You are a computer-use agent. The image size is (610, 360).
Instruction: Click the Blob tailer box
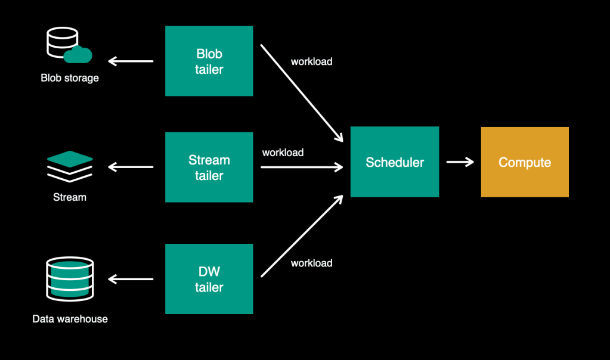click(209, 61)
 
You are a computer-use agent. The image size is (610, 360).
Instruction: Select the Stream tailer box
click(209, 167)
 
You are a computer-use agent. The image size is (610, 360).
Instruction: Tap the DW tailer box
click(209, 279)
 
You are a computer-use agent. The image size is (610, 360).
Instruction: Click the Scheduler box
click(394, 162)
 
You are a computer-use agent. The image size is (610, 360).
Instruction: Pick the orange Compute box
click(525, 162)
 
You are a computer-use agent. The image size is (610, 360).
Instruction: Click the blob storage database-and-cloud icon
click(68, 46)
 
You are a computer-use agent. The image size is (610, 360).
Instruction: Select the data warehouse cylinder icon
click(70, 278)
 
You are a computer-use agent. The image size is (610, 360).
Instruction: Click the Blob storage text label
click(70, 78)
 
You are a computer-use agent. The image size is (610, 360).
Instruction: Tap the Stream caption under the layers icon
click(70, 197)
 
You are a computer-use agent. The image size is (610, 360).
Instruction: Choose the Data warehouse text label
click(70, 319)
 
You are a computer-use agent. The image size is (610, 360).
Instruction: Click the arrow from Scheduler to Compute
click(460, 162)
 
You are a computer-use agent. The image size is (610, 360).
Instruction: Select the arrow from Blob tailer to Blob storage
click(131, 61)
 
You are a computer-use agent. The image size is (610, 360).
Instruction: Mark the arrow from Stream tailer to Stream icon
click(131, 167)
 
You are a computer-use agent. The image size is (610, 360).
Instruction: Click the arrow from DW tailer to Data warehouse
click(131, 279)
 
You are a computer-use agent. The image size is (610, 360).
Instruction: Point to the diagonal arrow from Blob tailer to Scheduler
click(302, 93)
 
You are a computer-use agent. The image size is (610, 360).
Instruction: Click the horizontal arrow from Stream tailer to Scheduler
click(302, 167)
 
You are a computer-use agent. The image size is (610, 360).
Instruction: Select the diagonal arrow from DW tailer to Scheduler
click(302, 235)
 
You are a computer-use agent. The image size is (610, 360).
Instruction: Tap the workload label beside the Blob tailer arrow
click(311, 61)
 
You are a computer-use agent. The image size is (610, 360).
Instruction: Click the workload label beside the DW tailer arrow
click(311, 263)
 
